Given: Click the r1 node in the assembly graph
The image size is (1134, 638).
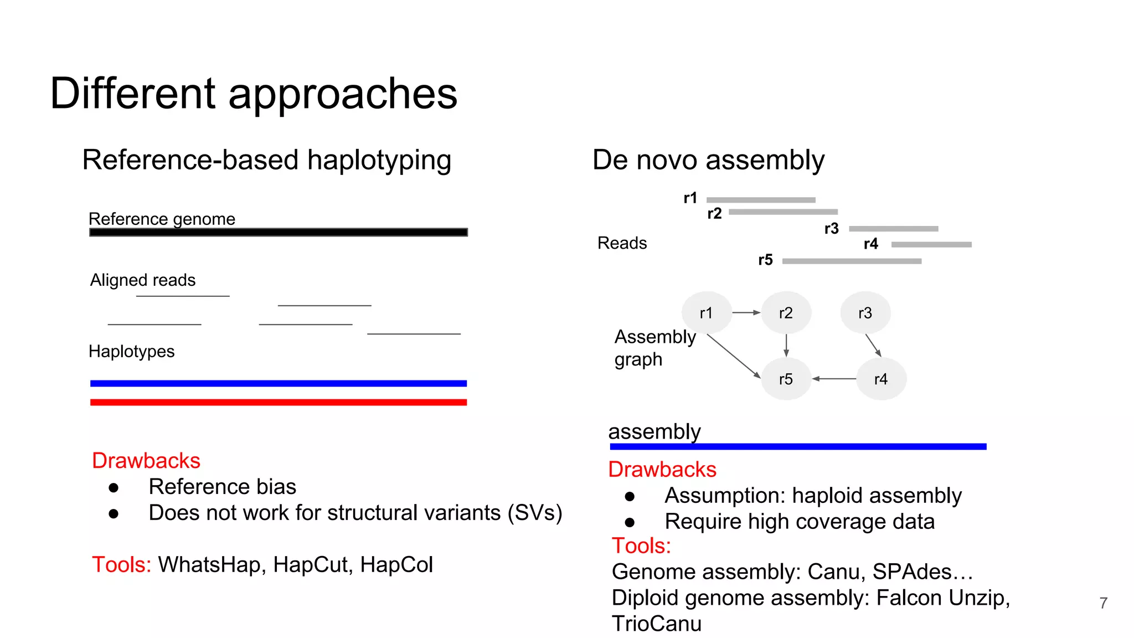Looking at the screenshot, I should [x=706, y=313].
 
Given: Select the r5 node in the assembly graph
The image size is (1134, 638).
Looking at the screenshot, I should [x=786, y=379].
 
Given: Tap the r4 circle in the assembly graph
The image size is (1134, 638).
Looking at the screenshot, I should [x=880, y=379].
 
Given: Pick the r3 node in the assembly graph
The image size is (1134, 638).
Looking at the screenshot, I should [x=865, y=313].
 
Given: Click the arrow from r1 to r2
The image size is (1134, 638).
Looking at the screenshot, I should [x=746, y=313].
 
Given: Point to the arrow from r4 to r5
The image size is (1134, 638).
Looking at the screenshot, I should [x=834, y=379].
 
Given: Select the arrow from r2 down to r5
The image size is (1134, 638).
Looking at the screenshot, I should [x=786, y=346].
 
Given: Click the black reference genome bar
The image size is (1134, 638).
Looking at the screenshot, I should [x=279, y=232].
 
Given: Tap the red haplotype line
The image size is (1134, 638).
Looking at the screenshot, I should [x=279, y=402].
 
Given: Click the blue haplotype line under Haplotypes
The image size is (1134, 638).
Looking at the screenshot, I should [x=279, y=383].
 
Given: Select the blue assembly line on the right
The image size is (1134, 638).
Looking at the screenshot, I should [x=798, y=446].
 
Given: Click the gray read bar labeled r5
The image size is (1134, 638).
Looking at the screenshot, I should [x=852, y=261].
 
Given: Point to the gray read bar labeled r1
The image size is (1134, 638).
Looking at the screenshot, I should [x=761, y=199].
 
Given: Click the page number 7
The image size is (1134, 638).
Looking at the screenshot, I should [x=1103, y=603].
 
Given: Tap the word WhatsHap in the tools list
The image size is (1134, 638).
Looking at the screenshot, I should [x=209, y=565].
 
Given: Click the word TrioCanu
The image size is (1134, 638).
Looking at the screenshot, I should [x=657, y=624].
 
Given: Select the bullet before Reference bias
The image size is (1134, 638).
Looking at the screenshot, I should [x=114, y=487].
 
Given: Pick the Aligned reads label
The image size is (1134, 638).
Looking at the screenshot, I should [x=143, y=280].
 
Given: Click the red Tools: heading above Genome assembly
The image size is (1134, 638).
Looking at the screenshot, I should [x=641, y=546].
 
